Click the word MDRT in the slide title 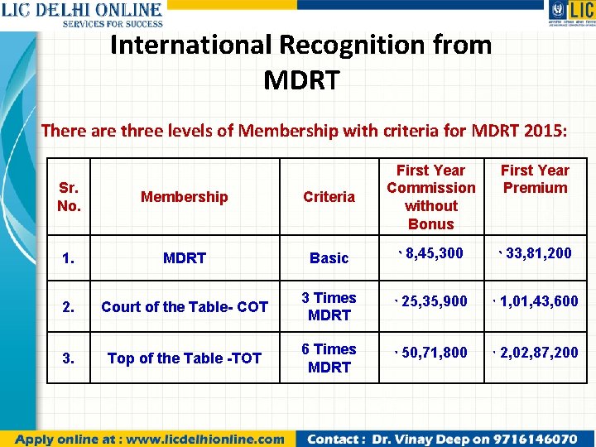[x=301, y=80]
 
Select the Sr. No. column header [x=69, y=196]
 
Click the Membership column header [x=184, y=196]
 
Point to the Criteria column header [x=329, y=196]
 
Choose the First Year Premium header [x=535, y=179]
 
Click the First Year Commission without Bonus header [x=430, y=196]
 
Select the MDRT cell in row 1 [x=184, y=257]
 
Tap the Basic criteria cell [x=329, y=257]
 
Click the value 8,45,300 [x=435, y=253]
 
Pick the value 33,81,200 [x=538, y=253]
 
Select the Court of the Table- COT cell [x=184, y=306]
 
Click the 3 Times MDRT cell [x=329, y=306]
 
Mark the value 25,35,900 [x=435, y=301]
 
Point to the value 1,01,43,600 [x=538, y=301]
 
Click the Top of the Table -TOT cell [x=184, y=358]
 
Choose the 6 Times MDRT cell [x=329, y=358]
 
